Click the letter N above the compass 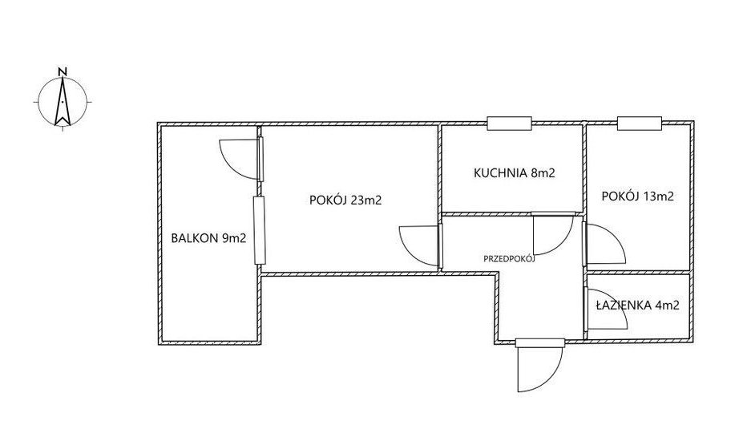[x=63, y=71]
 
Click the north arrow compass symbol [x=63, y=102]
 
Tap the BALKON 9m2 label [x=208, y=238]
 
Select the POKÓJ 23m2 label [x=345, y=200]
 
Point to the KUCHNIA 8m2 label [x=515, y=173]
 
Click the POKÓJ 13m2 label [x=638, y=196]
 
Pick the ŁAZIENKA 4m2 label [x=637, y=306]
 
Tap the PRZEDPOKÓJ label [x=510, y=258]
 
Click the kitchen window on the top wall [x=510, y=123]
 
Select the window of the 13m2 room [x=640, y=123]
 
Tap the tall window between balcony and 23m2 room [x=259, y=230]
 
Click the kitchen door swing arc [x=561, y=245]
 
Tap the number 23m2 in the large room [x=366, y=200]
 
